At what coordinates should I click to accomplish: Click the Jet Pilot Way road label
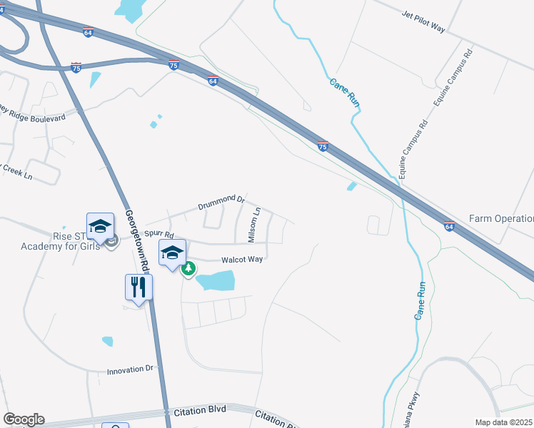click(423, 22)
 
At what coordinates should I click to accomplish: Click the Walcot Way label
click(242, 260)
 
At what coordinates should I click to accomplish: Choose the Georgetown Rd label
click(136, 238)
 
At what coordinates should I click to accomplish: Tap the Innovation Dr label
click(130, 370)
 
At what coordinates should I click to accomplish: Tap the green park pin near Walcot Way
click(189, 269)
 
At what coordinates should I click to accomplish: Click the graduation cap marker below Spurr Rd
click(172, 253)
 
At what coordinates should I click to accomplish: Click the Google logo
click(23, 419)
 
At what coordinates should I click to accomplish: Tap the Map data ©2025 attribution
click(504, 422)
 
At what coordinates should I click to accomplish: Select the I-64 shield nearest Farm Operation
click(448, 226)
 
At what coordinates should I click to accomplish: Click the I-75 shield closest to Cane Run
click(323, 146)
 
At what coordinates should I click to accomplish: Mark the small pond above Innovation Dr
click(107, 341)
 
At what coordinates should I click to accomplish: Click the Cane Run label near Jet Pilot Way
click(344, 92)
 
